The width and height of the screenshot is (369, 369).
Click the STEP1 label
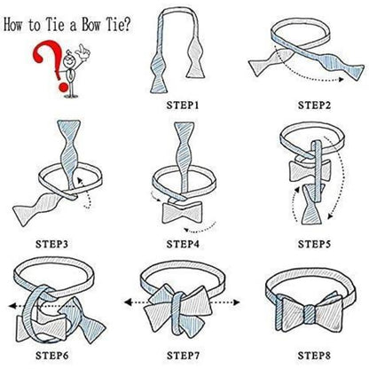[x=183, y=106]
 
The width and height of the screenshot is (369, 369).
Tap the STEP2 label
[x=314, y=106]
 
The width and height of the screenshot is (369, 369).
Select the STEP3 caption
[x=52, y=244]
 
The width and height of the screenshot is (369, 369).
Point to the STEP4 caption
[x=183, y=244]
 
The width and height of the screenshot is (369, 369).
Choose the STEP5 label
[x=314, y=244]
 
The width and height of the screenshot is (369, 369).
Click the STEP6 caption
[x=52, y=356]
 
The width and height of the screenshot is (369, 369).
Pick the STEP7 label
[x=183, y=356]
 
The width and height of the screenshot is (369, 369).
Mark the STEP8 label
[x=314, y=356]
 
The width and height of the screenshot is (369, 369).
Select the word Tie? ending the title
[x=118, y=24]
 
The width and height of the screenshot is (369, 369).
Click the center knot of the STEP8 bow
[x=310, y=314]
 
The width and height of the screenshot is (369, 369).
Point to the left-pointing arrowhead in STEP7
[x=128, y=302]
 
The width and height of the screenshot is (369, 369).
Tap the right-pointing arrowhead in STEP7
[x=236, y=302]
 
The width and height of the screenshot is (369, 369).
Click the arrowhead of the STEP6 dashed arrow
[x=12, y=306]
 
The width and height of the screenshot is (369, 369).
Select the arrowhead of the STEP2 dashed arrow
[x=342, y=79]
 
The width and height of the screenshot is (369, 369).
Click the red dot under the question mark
[x=63, y=87]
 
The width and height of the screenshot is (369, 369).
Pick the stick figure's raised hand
[x=82, y=52]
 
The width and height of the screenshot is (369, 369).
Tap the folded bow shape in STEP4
[x=183, y=212]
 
